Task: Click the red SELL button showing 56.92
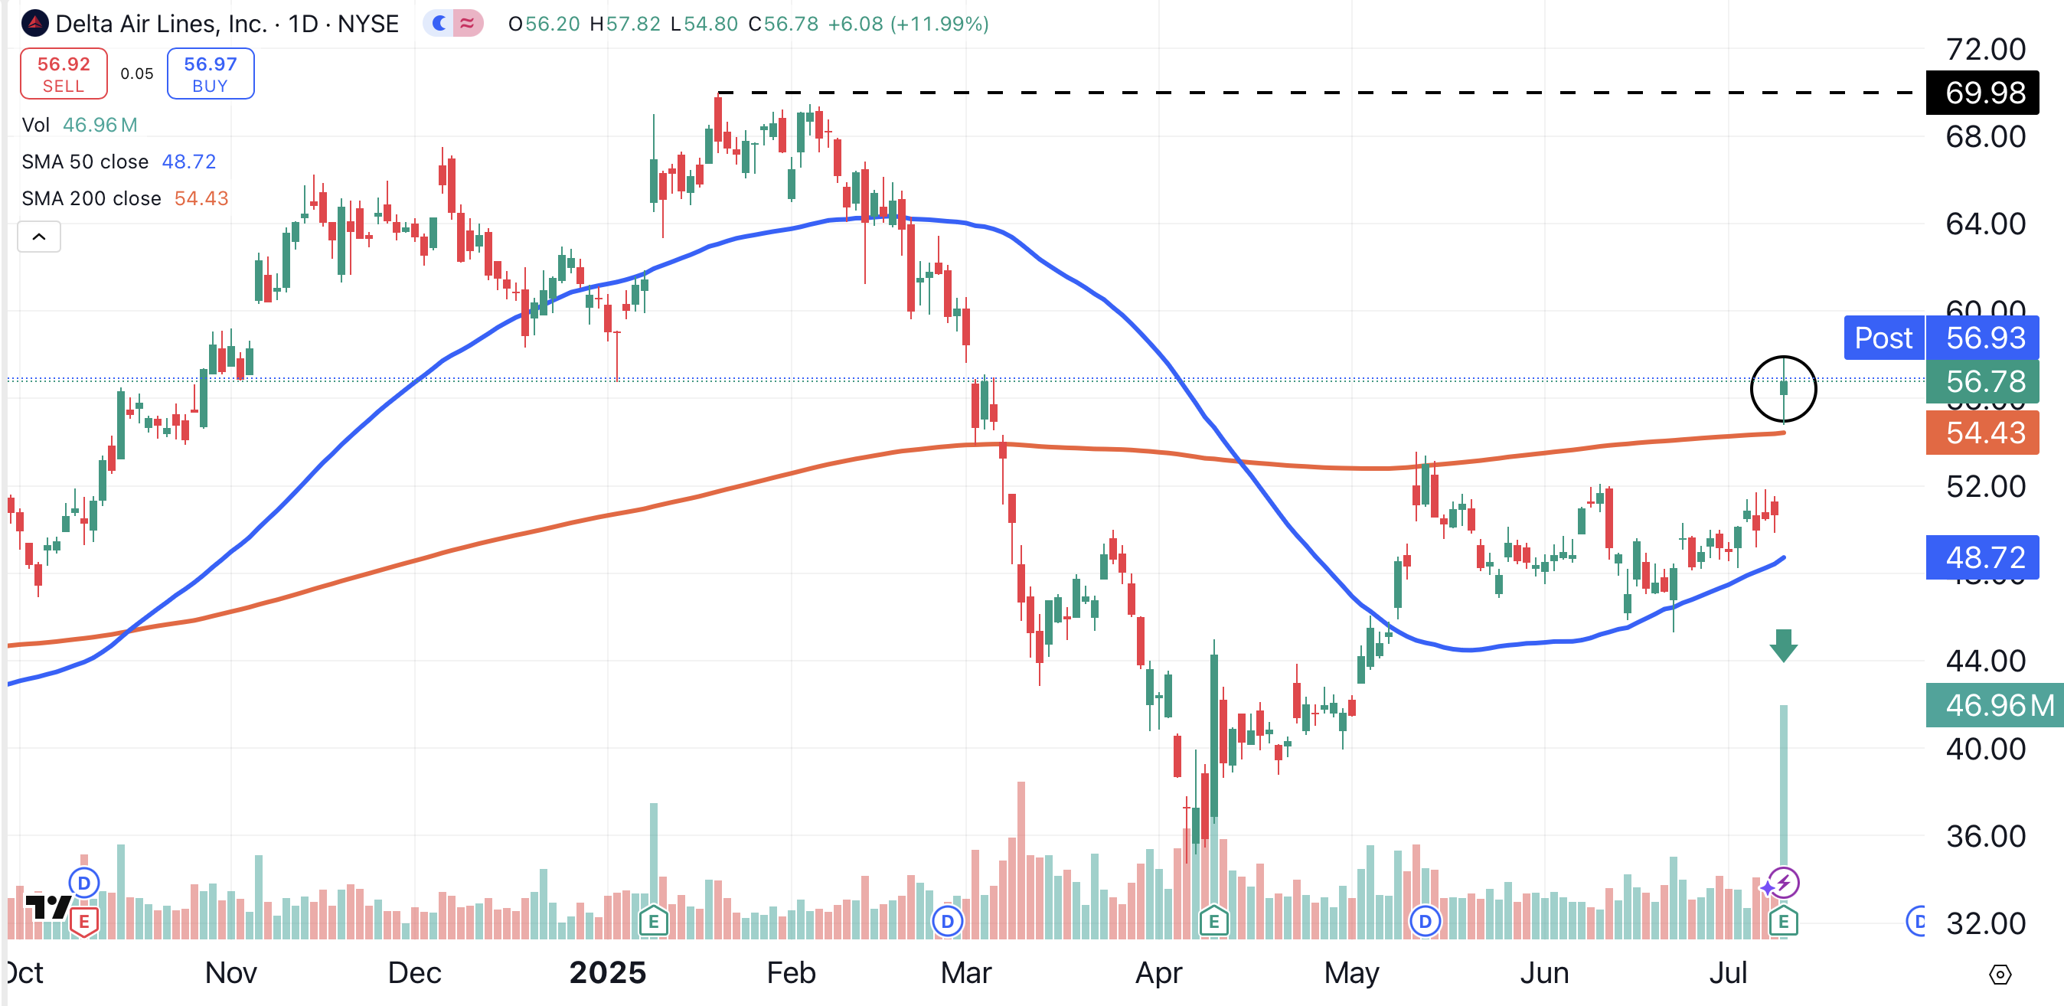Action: [x=64, y=73]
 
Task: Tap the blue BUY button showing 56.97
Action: [x=210, y=73]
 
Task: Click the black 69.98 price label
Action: [x=1984, y=93]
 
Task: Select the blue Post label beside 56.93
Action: [x=1883, y=338]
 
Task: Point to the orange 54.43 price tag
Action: [x=1984, y=433]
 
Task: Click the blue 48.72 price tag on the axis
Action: [x=1984, y=557]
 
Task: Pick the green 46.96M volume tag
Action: [x=1995, y=706]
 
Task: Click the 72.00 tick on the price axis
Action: [x=1985, y=50]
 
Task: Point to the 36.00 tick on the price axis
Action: [x=1985, y=836]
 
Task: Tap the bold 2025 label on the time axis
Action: [x=607, y=973]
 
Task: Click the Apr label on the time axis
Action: [x=1158, y=973]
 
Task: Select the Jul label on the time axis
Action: [x=1727, y=973]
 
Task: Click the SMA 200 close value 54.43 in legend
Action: [x=201, y=198]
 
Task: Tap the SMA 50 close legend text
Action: [x=85, y=162]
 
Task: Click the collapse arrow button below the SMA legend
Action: [x=38, y=237]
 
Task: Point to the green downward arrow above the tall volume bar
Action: [x=1784, y=645]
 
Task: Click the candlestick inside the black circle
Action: [x=1784, y=388]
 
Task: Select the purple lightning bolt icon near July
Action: [x=1785, y=883]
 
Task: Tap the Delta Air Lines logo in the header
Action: [x=35, y=24]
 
